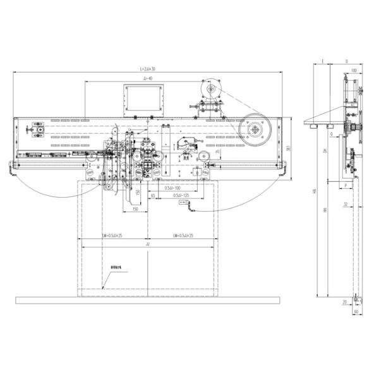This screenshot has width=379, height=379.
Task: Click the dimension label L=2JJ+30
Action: click(148, 68)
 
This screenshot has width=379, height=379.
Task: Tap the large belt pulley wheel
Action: click(255, 129)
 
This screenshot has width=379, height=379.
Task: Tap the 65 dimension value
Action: click(153, 197)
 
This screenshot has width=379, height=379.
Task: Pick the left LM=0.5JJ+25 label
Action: click(111, 236)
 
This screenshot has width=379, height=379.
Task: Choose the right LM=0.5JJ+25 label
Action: click(183, 236)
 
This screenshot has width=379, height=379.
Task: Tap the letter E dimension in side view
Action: click(322, 62)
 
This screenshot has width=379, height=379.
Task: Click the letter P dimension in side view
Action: click(346, 185)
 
